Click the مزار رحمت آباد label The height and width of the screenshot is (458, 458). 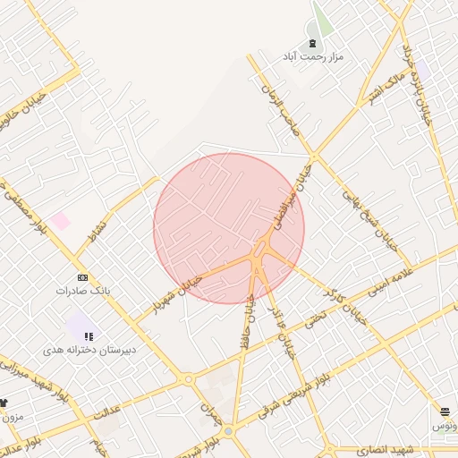[313, 56]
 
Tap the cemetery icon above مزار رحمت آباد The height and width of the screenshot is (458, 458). [312, 43]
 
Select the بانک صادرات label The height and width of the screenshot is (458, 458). [81, 291]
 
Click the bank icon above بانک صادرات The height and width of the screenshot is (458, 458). [82, 277]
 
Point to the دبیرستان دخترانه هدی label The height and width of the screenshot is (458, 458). [89, 350]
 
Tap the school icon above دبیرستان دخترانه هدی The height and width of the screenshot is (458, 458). [88, 336]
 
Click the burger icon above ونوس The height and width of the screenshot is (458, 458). [445, 411]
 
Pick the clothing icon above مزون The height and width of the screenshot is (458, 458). [3, 403]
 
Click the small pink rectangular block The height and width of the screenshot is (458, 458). [60, 220]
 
